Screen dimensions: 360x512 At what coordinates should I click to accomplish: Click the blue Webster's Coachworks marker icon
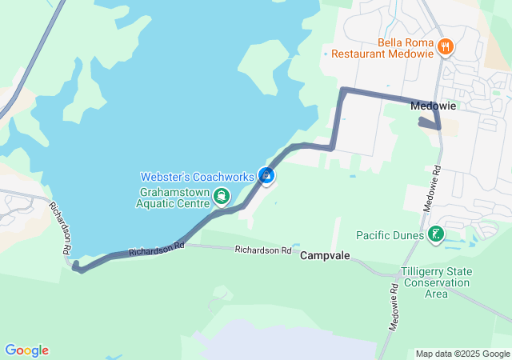[267, 175]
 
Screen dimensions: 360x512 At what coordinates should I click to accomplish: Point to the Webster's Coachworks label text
[198, 176]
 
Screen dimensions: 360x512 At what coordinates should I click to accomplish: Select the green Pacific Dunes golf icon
[436, 234]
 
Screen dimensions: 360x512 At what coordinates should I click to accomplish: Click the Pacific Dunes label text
[391, 235]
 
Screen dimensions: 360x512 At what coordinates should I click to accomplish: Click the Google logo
[26, 350]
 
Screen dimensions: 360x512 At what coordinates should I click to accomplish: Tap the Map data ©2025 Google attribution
[462, 354]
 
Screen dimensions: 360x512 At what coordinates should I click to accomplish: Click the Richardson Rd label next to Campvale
[262, 250]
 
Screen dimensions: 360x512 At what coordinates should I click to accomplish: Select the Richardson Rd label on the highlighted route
[156, 249]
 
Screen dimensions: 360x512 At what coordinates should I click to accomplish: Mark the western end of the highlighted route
[78, 269]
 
